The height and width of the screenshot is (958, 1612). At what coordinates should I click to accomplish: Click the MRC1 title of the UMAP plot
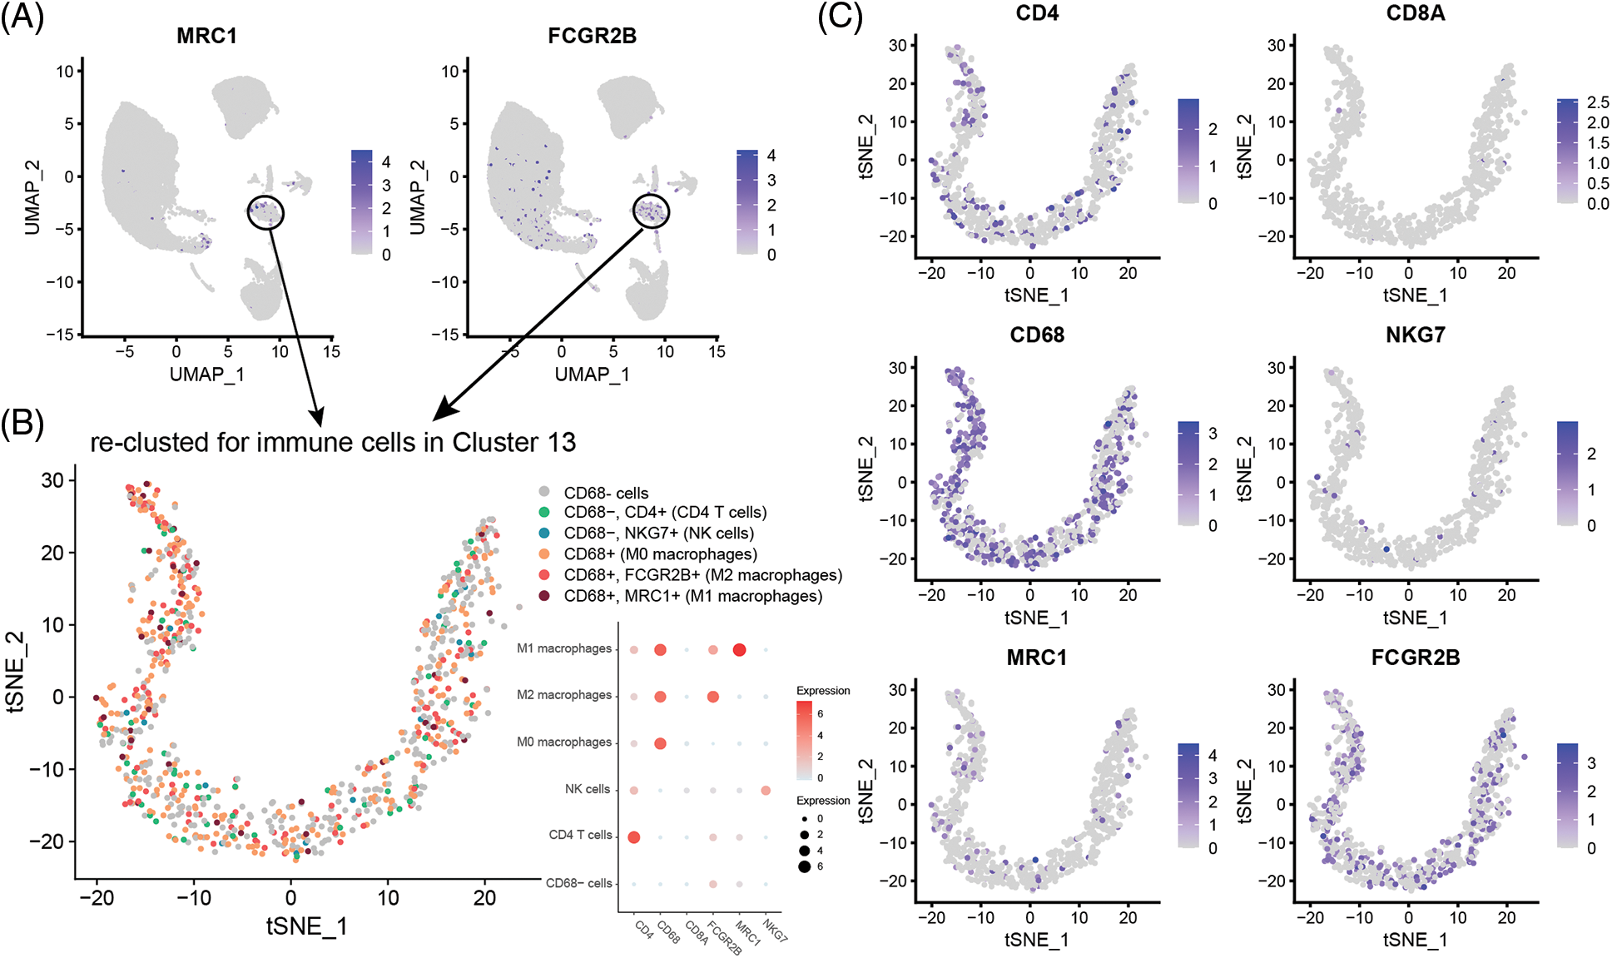point(206,36)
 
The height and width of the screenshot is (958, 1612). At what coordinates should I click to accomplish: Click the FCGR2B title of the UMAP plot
point(592,36)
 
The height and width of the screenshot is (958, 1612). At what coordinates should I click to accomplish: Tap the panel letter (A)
point(22,17)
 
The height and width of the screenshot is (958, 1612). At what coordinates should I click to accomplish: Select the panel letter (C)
point(840,17)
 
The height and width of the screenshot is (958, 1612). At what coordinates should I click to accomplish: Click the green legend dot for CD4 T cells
point(544,513)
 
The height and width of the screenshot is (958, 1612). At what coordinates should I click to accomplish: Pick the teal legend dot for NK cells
point(544,534)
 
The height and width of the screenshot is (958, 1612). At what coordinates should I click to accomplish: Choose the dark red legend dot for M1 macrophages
point(544,596)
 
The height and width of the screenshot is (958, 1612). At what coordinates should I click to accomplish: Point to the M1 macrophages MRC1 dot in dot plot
point(739,649)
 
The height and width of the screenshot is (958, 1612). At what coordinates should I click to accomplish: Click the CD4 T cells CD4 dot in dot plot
point(633,836)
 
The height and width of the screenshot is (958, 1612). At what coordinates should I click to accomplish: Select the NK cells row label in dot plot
point(587,789)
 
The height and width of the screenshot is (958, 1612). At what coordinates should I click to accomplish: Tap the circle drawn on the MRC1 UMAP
point(265,213)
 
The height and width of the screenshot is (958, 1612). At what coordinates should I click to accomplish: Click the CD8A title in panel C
point(1415,13)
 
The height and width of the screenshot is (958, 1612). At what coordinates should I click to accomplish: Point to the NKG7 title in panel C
point(1415,335)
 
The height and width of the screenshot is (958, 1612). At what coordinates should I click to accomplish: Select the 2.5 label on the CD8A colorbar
point(1598,102)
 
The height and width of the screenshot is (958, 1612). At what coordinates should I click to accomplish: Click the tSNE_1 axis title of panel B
point(306,926)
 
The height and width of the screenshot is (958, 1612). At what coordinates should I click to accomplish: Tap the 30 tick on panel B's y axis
point(52,480)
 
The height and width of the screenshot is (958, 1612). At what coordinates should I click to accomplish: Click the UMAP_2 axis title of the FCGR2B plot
point(417,196)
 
